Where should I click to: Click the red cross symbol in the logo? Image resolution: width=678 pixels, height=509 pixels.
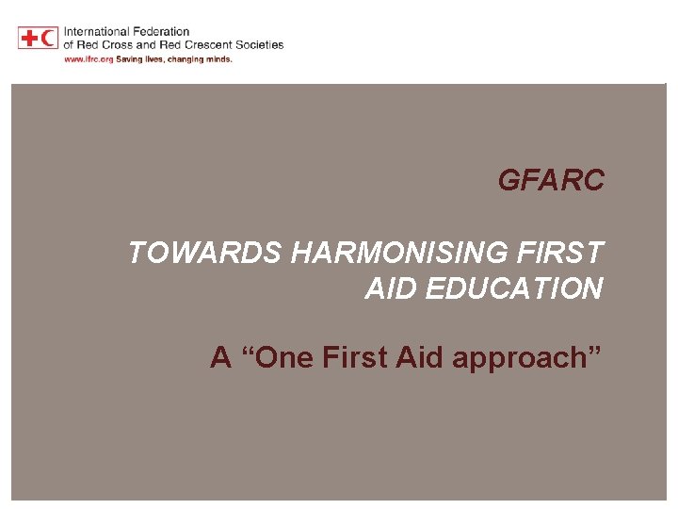coord(28,38)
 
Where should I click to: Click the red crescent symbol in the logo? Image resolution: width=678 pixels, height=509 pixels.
coord(48,38)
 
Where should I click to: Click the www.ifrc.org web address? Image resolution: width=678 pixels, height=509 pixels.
coord(88,58)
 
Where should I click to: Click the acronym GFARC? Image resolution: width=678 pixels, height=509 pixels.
coord(551,180)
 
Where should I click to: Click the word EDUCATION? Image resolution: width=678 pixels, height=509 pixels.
coord(513,288)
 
